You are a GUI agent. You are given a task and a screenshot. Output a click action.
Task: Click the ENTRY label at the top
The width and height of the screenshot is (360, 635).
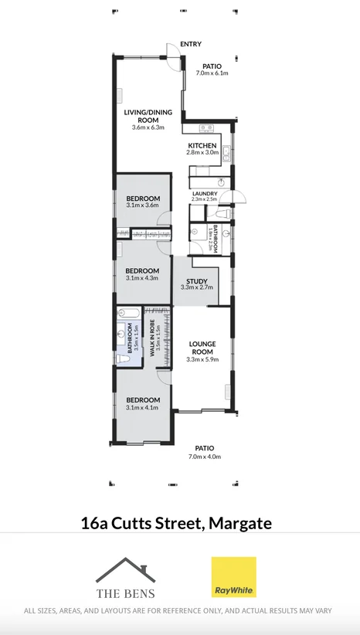(x=191, y=44)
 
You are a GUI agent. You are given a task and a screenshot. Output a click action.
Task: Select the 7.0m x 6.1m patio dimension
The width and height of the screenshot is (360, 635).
(x=212, y=73)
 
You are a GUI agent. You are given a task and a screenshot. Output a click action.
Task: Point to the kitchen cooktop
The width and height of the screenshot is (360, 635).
(x=205, y=127)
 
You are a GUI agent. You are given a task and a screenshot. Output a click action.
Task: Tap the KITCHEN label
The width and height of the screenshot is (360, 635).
(x=202, y=145)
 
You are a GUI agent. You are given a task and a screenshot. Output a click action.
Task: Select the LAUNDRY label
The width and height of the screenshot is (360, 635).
(x=205, y=193)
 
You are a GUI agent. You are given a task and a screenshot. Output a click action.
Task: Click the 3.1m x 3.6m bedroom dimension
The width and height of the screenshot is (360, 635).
(x=142, y=205)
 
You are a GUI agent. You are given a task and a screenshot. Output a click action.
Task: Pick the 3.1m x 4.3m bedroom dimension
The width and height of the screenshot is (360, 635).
(x=142, y=278)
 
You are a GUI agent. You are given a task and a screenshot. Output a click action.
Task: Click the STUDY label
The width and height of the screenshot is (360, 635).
(x=196, y=280)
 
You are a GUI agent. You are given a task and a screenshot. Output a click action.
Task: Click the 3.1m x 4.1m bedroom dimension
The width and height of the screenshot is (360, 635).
(x=142, y=407)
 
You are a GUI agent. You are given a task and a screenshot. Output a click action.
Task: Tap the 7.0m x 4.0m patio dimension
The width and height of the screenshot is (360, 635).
(x=204, y=457)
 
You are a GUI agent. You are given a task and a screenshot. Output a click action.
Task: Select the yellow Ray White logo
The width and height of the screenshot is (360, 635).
(x=234, y=577)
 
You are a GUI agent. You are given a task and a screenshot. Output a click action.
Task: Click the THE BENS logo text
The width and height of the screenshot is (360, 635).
(x=125, y=593)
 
